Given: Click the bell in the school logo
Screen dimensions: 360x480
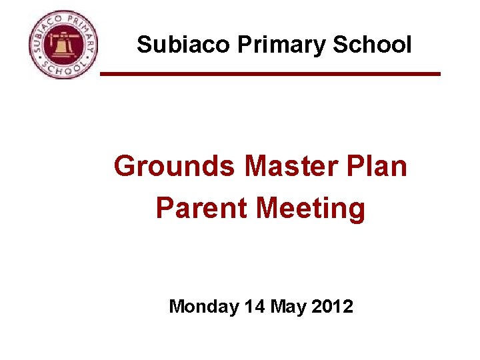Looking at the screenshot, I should pyautogui.click(x=63, y=47).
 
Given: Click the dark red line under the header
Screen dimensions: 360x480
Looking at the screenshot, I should pyautogui.click(x=270, y=73).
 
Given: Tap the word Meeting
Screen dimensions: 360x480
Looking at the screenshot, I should pyautogui.click(x=311, y=209).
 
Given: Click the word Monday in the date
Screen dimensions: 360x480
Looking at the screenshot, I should pyautogui.click(x=204, y=307).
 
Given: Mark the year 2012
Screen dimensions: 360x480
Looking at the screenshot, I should pyautogui.click(x=331, y=307).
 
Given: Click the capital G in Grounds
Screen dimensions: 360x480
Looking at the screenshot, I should pyautogui.click(x=125, y=166).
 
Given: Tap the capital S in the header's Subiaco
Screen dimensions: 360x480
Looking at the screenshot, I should pyautogui.click(x=143, y=45).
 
